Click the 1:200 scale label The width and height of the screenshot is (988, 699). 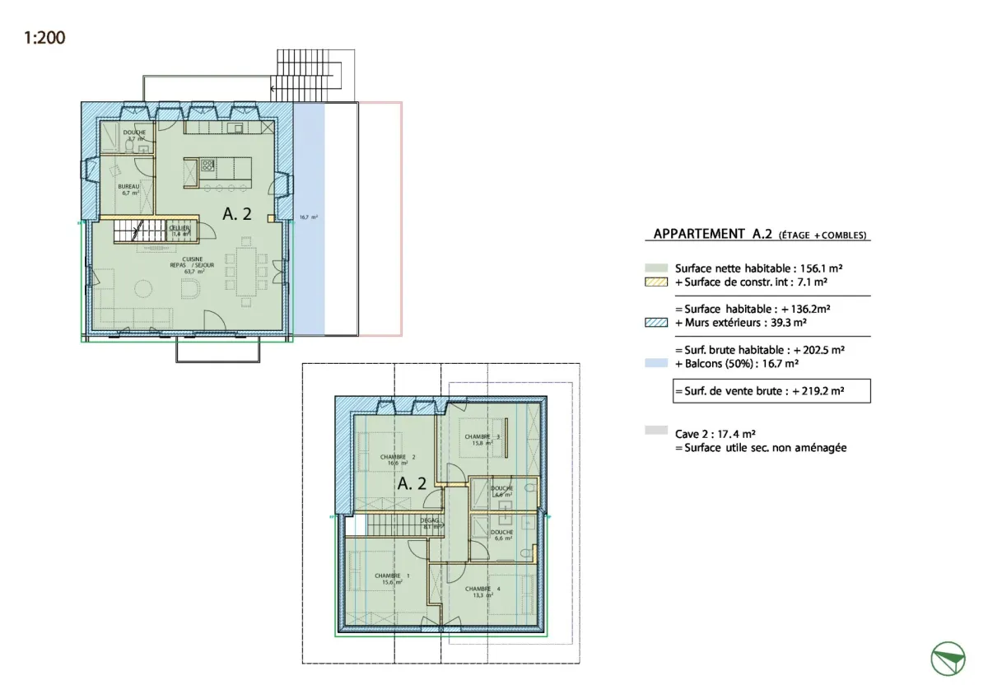45,38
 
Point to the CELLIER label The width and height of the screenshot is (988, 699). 179,231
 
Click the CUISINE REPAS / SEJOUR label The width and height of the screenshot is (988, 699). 188,264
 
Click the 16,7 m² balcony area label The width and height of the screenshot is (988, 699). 309,217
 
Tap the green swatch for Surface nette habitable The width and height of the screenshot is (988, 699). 655,268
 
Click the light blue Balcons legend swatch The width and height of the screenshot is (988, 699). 655,362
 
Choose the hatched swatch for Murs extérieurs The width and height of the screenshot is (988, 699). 655,323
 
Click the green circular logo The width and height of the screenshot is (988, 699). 948,659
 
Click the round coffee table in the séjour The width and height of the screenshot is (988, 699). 143,288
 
